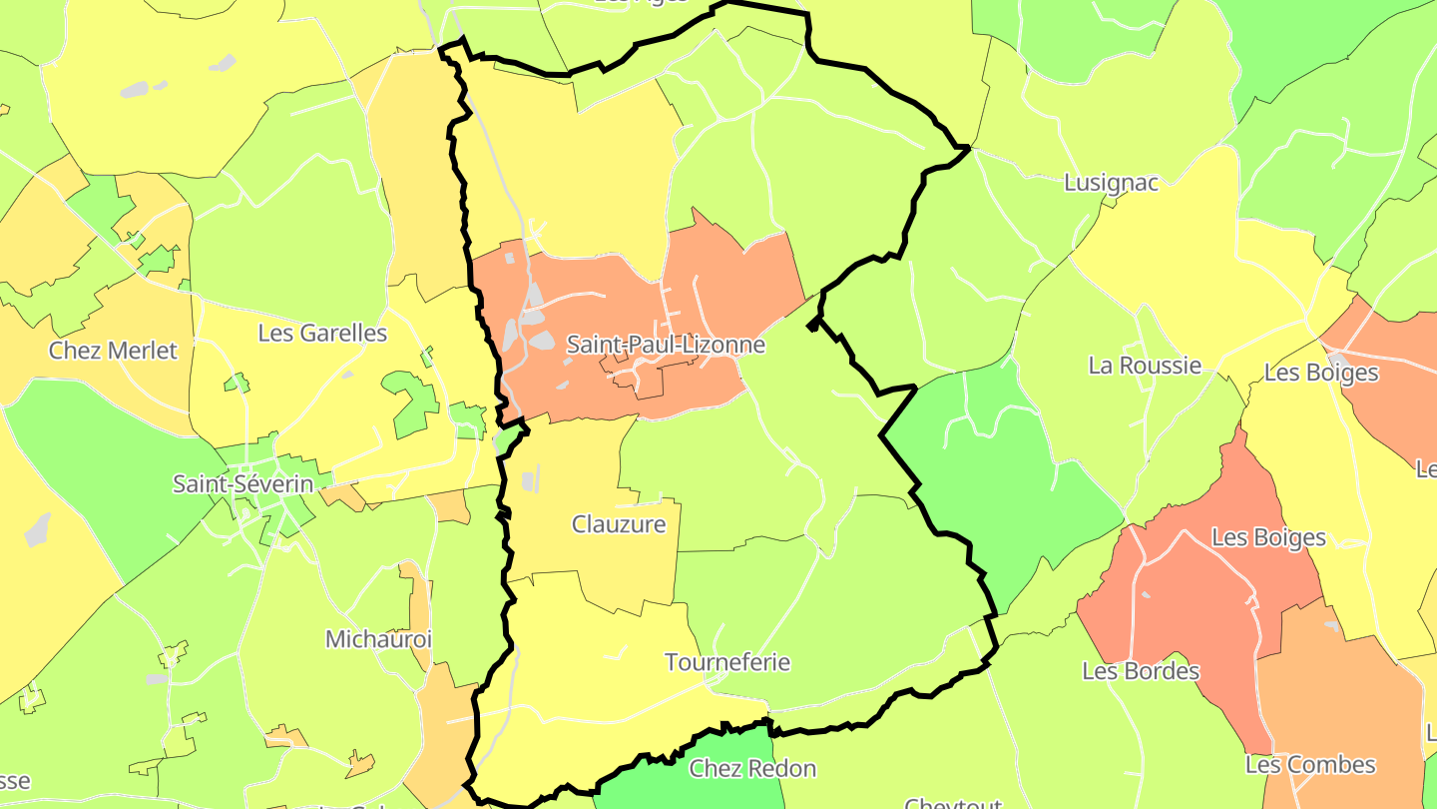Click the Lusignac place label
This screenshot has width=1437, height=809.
(1111, 183)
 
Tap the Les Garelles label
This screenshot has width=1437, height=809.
(322, 333)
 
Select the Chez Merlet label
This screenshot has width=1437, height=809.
(113, 351)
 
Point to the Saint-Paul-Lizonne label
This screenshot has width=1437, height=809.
(666, 345)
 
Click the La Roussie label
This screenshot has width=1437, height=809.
(1145, 365)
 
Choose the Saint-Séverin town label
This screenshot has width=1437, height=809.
(243, 484)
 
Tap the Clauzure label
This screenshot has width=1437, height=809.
(619, 524)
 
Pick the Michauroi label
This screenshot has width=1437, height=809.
(378, 638)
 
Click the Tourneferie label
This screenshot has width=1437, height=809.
(727, 662)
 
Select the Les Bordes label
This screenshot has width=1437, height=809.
(1141, 670)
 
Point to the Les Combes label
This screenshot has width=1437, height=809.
(1310, 765)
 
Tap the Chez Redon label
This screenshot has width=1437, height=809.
(752, 768)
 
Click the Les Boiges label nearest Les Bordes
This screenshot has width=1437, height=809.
(1268, 537)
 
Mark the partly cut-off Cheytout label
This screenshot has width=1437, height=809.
(953, 802)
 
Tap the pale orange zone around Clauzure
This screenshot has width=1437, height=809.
(599, 569)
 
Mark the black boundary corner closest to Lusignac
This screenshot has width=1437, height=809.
(966, 149)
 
